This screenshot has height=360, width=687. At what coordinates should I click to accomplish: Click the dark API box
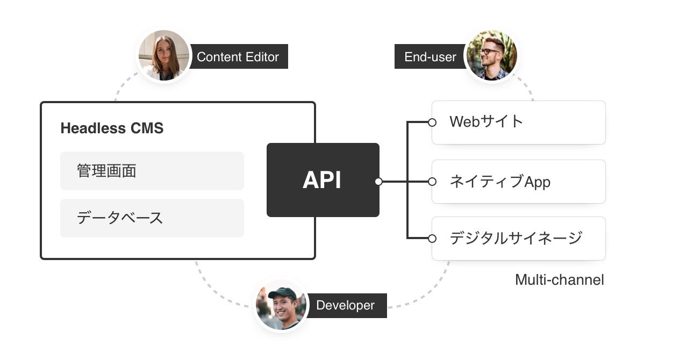point(323,180)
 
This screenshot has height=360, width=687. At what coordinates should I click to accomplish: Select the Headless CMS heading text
point(112,128)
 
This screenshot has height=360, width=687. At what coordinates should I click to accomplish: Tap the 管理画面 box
point(152,171)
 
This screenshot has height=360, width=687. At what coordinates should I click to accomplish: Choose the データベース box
point(152,218)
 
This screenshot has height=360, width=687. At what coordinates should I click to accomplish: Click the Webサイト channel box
point(518,123)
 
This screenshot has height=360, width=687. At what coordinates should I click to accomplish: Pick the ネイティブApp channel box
point(518,182)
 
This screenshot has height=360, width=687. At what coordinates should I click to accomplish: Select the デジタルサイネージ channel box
point(518,239)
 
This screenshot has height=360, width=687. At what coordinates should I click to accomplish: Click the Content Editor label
point(238,57)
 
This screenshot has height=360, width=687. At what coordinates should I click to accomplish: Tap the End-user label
point(430,57)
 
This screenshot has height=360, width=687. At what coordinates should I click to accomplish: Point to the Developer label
point(345,306)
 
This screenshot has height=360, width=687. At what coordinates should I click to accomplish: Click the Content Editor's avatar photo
point(164,55)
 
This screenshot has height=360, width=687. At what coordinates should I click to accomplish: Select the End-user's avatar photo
point(491,55)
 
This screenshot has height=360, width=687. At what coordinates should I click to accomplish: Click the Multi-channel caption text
point(559,280)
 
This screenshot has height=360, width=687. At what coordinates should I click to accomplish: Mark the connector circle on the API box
point(378,182)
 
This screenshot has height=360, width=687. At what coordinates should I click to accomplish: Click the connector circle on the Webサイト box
point(432,123)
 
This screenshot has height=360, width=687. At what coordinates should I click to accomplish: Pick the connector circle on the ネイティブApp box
point(432,182)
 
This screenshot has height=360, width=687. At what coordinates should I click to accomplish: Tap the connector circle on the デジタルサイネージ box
point(432,238)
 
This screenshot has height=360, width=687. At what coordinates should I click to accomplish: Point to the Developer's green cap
point(282,293)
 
